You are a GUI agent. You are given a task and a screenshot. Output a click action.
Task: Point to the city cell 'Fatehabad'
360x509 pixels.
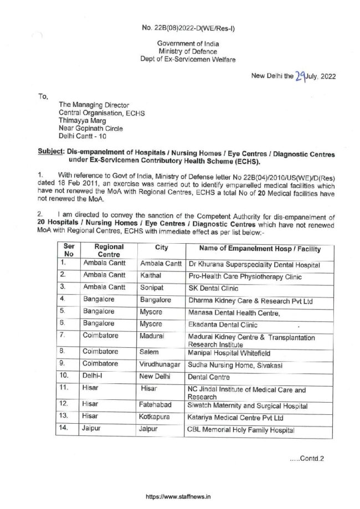157,404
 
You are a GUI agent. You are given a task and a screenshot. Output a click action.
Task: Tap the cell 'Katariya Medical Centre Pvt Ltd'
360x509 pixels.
236,417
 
